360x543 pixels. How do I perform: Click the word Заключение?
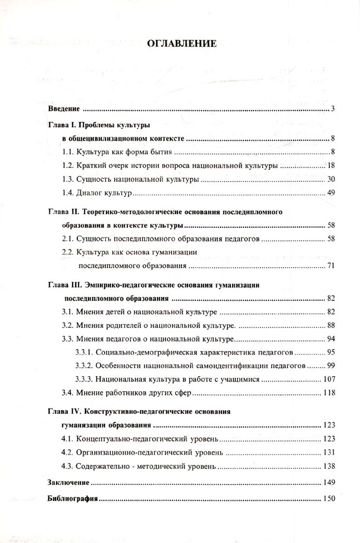point(68,483)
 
